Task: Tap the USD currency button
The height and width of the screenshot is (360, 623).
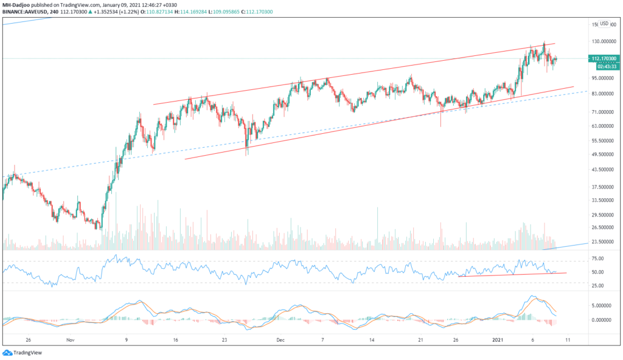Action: coord(604,24)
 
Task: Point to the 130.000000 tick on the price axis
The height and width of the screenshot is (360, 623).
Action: coord(605,41)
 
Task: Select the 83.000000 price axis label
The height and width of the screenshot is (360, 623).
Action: coord(605,94)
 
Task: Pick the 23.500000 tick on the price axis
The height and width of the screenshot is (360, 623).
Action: coord(605,241)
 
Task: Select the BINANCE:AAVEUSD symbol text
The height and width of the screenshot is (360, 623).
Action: coord(24,12)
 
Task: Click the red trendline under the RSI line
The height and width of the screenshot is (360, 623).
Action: coord(511,274)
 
